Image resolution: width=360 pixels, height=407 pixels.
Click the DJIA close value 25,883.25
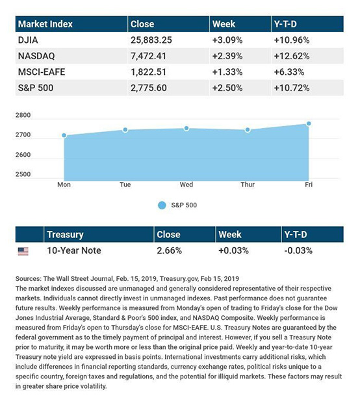point(151,40)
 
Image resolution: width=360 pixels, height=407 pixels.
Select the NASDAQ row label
point(36,56)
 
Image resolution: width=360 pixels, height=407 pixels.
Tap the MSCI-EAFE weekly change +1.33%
point(227,72)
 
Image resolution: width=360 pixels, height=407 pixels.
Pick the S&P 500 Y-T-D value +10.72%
point(292,88)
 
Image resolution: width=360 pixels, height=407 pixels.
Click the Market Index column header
point(45,24)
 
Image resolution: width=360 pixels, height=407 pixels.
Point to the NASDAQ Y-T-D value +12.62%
point(292,56)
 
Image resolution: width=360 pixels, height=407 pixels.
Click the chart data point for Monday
point(64,135)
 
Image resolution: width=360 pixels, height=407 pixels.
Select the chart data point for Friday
point(309,124)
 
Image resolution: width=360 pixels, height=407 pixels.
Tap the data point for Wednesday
point(186,128)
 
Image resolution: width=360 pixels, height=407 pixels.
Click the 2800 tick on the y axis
point(23,115)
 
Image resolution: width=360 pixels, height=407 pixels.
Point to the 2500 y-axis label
point(23,174)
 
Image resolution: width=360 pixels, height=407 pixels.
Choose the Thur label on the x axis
point(248,185)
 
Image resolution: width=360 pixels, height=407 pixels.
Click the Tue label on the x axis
point(125,185)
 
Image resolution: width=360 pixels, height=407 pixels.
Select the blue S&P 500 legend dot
point(162,205)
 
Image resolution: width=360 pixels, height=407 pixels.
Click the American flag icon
point(23,251)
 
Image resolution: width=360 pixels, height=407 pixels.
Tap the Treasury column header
point(65,235)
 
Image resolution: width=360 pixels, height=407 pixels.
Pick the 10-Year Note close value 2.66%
point(169,250)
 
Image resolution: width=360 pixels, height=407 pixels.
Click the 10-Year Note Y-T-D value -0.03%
point(298,250)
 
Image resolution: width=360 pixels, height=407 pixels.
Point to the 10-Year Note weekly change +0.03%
point(233,250)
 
